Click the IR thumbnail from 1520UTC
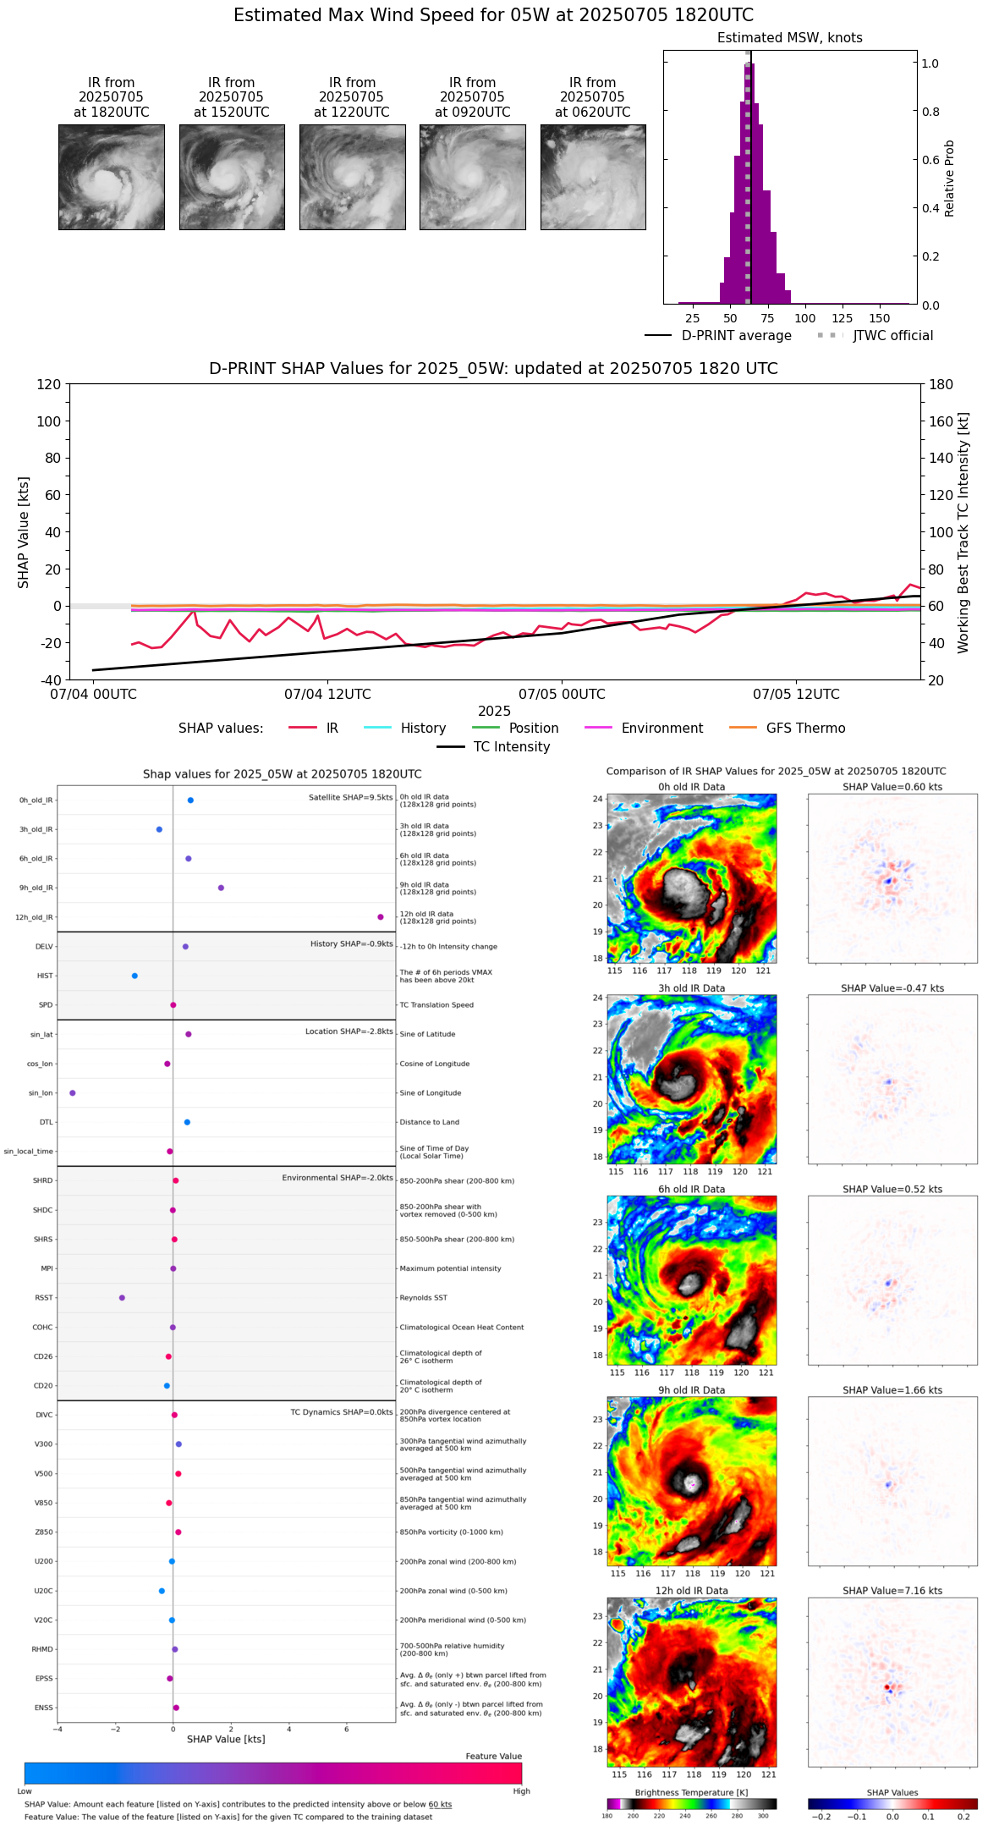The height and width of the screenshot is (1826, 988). [x=232, y=177]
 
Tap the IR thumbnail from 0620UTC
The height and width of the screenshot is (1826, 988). [x=593, y=177]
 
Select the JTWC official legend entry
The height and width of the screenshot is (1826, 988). [x=875, y=336]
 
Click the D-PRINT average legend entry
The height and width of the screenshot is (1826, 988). [x=718, y=336]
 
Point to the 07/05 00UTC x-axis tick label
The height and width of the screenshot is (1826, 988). [x=562, y=695]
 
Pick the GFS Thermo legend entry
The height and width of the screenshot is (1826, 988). [x=787, y=729]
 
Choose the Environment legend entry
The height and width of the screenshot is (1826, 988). [x=644, y=729]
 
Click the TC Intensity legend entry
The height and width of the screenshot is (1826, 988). [x=493, y=747]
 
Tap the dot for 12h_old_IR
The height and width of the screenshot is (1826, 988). [x=381, y=917]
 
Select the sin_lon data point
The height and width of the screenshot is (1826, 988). [x=73, y=1093]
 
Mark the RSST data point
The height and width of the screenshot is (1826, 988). [x=122, y=1298]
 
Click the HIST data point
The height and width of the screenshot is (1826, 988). [x=134, y=976]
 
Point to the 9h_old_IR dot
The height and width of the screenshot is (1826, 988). [x=221, y=888]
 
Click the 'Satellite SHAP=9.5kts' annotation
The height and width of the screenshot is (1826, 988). [x=350, y=797]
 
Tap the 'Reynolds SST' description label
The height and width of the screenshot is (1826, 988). [x=423, y=1298]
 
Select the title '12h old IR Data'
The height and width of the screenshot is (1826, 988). [x=691, y=1591]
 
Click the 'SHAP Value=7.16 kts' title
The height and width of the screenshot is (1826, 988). [x=892, y=1591]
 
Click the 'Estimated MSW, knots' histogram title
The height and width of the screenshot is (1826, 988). [x=789, y=38]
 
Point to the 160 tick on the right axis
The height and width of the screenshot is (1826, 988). [x=941, y=421]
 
